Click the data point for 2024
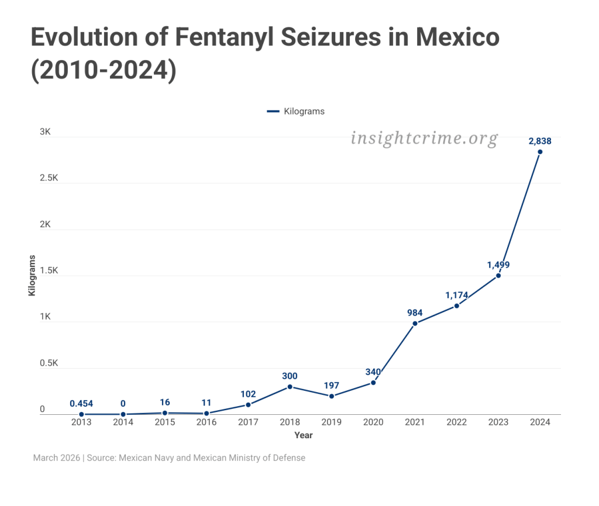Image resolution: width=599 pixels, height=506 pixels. coord(540,152)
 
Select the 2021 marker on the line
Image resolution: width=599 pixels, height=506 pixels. coord(415,323)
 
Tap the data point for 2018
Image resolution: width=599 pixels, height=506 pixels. coord(290,387)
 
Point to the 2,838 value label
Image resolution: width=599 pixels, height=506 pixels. coord(540,141)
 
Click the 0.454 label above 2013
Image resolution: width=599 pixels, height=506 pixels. coord(81,404)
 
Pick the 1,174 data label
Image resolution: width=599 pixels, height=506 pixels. coord(456,295)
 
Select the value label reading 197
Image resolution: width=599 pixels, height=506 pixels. coord(332,386)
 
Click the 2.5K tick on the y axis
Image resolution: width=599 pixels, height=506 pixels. coord(49,178)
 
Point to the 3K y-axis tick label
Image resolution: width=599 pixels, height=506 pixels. coord(45,132)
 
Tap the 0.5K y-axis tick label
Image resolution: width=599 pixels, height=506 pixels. coord(49,363)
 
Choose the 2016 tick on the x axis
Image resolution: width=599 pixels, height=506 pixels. coord(206,422)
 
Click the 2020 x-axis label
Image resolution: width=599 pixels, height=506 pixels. coord(373,422)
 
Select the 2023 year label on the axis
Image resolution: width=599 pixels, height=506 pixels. coord(498,422)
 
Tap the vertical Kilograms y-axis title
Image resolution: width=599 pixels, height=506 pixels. coord(32,275)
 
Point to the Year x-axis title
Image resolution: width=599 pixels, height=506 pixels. coord(304,435)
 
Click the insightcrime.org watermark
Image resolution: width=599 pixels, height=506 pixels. coord(424,139)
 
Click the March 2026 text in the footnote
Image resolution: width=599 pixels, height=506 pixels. coord(57,458)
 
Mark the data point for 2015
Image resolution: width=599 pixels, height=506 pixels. coord(165,413)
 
